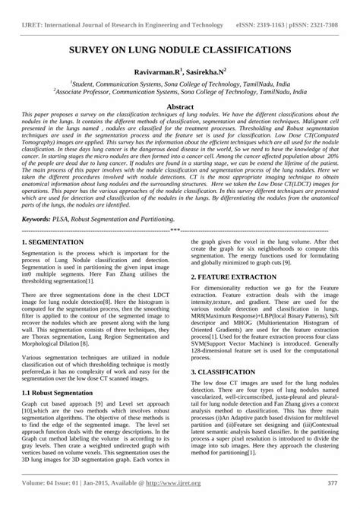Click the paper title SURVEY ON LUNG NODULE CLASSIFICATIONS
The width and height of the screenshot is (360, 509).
click(x=180, y=49)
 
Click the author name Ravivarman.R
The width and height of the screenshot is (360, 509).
click(x=158, y=68)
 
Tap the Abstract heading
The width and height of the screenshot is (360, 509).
click(x=180, y=107)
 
